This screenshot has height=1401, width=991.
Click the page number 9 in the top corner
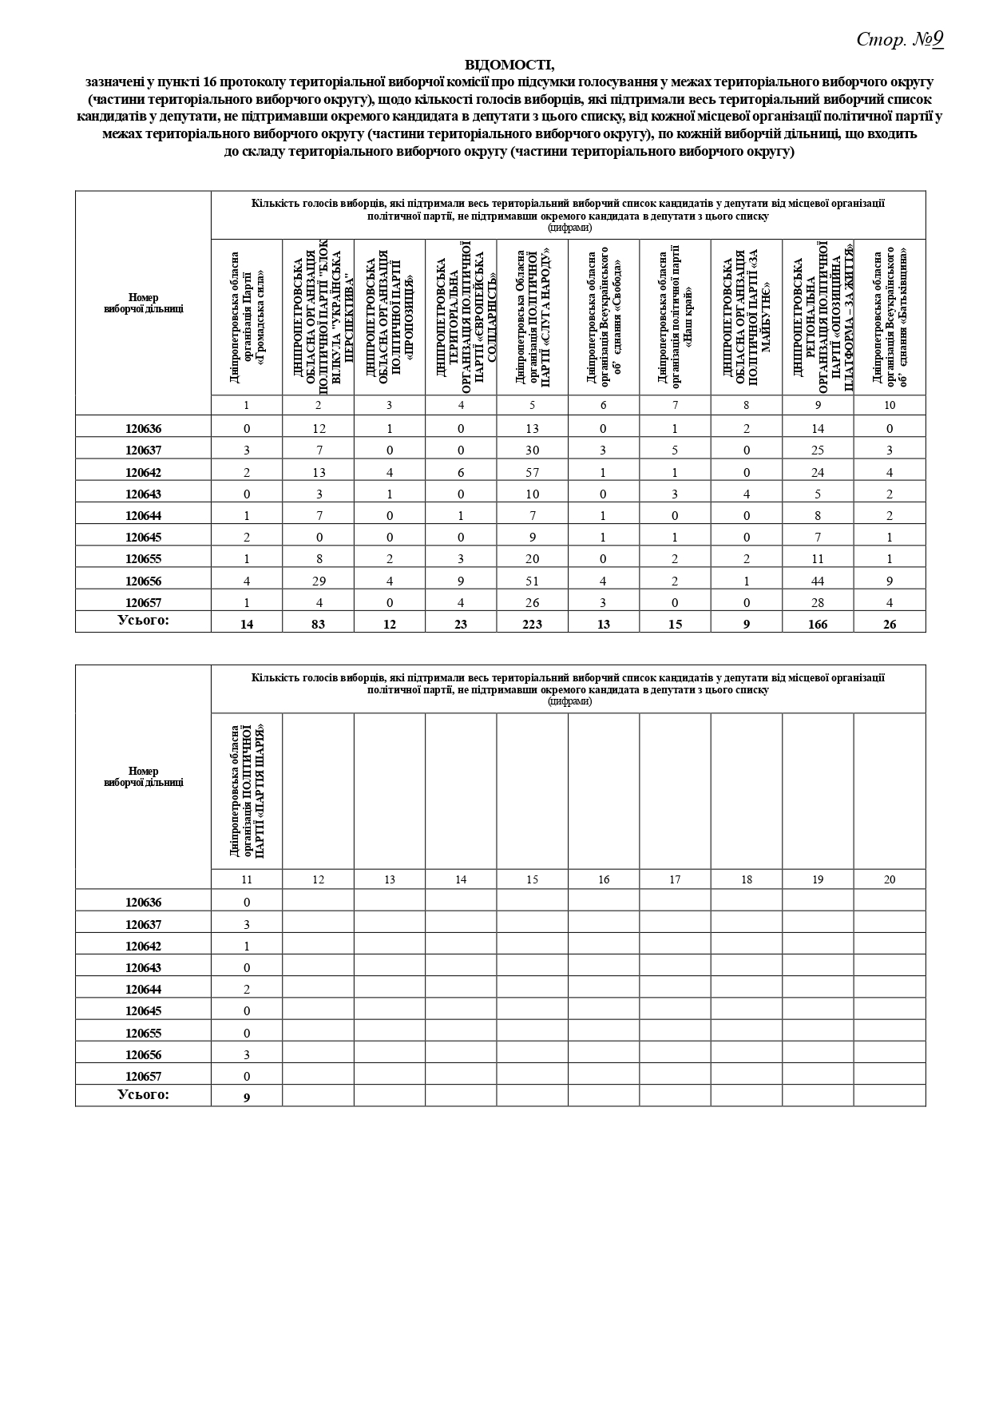tap(937, 39)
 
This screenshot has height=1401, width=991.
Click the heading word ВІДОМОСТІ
tap(509, 64)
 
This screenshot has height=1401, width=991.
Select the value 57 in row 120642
tap(532, 472)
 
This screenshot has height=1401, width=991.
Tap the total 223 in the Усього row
tap(532, 624)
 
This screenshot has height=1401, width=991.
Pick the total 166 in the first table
tap(817, 624)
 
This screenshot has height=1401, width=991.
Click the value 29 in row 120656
tap(318, 581)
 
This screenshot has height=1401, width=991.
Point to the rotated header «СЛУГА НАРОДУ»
tap(533, 317)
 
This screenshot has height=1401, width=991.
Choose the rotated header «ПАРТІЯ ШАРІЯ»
tap(247, 791)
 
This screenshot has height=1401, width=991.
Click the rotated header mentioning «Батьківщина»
tap(890, 317)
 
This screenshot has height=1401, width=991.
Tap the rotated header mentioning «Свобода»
tap(604, 317)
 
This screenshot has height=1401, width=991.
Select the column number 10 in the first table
tap(890, 405)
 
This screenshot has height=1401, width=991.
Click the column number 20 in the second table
tap(890, 879)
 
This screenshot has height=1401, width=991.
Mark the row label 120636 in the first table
tap(143, 428)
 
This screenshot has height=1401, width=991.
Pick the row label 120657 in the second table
tap(143, 1076)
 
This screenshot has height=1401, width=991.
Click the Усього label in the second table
tap(143, 1094)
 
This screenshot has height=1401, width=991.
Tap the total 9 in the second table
tap(247, 1097)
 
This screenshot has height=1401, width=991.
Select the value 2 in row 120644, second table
tap(247, 989)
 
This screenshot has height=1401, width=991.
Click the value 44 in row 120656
tap(817, 581)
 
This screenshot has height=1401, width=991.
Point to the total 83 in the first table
tap(318, 624)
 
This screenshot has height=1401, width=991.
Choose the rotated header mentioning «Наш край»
tap(675, 317)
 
